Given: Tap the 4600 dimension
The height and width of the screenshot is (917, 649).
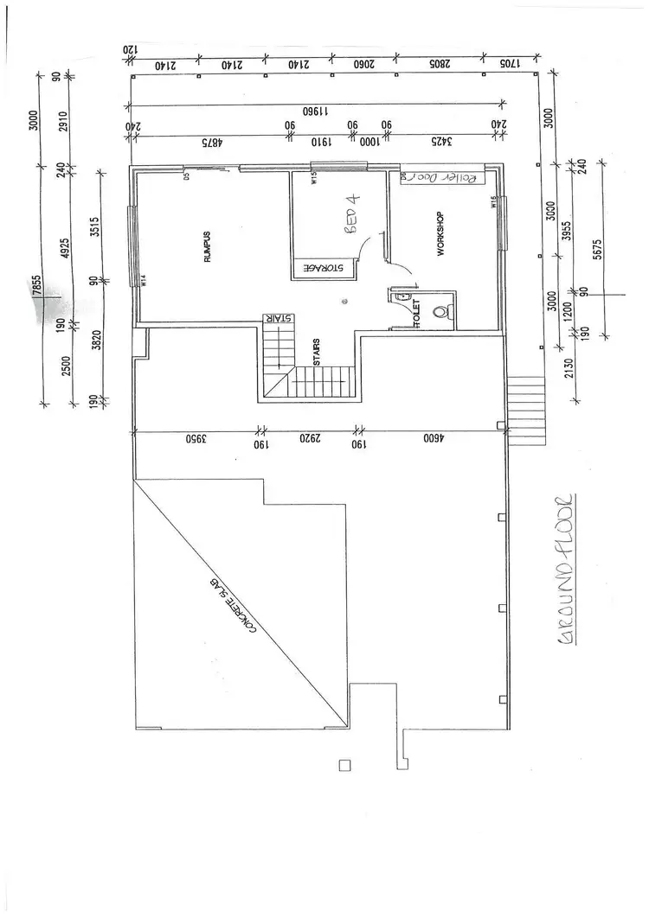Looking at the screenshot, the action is [430, 439].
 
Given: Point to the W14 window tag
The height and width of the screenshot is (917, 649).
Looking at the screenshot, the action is [143, 280].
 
